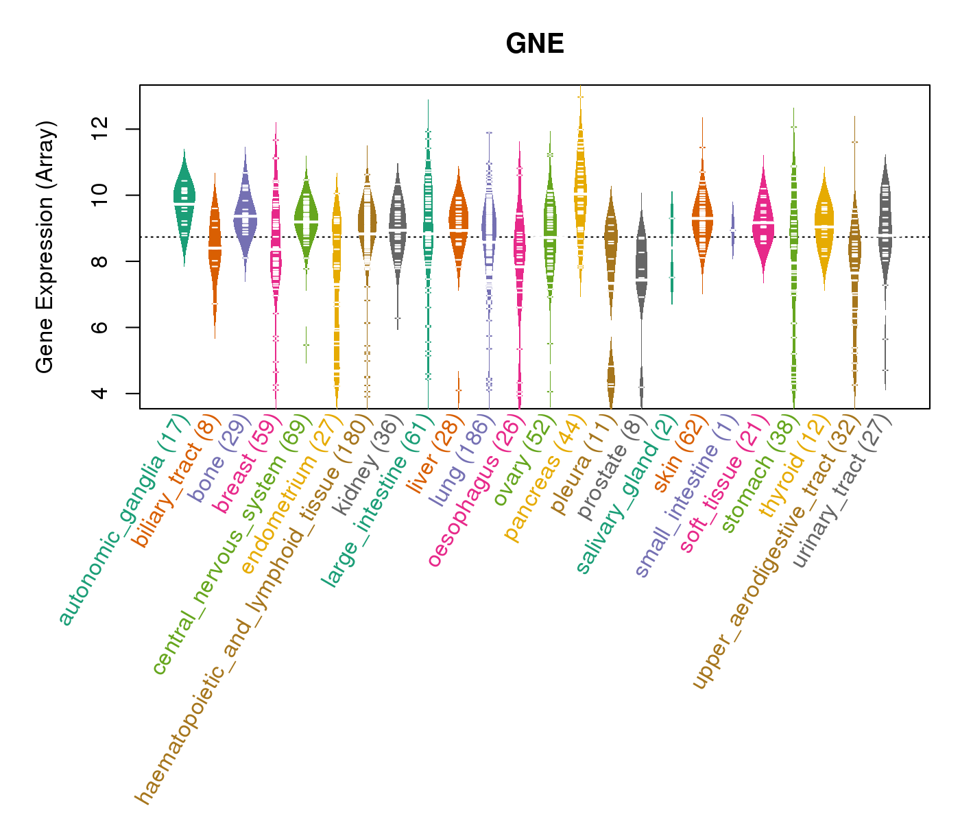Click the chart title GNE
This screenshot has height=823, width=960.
[x=534, y=45]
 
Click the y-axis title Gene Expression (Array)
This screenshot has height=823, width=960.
[x=45, y=247]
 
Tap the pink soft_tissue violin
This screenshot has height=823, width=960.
[x=763, y=219]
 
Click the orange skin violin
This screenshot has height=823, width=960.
[x=702, y=216]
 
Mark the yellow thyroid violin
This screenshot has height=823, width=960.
[x=824, y=226]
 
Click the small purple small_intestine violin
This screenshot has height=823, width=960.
[x=733, y=230]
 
